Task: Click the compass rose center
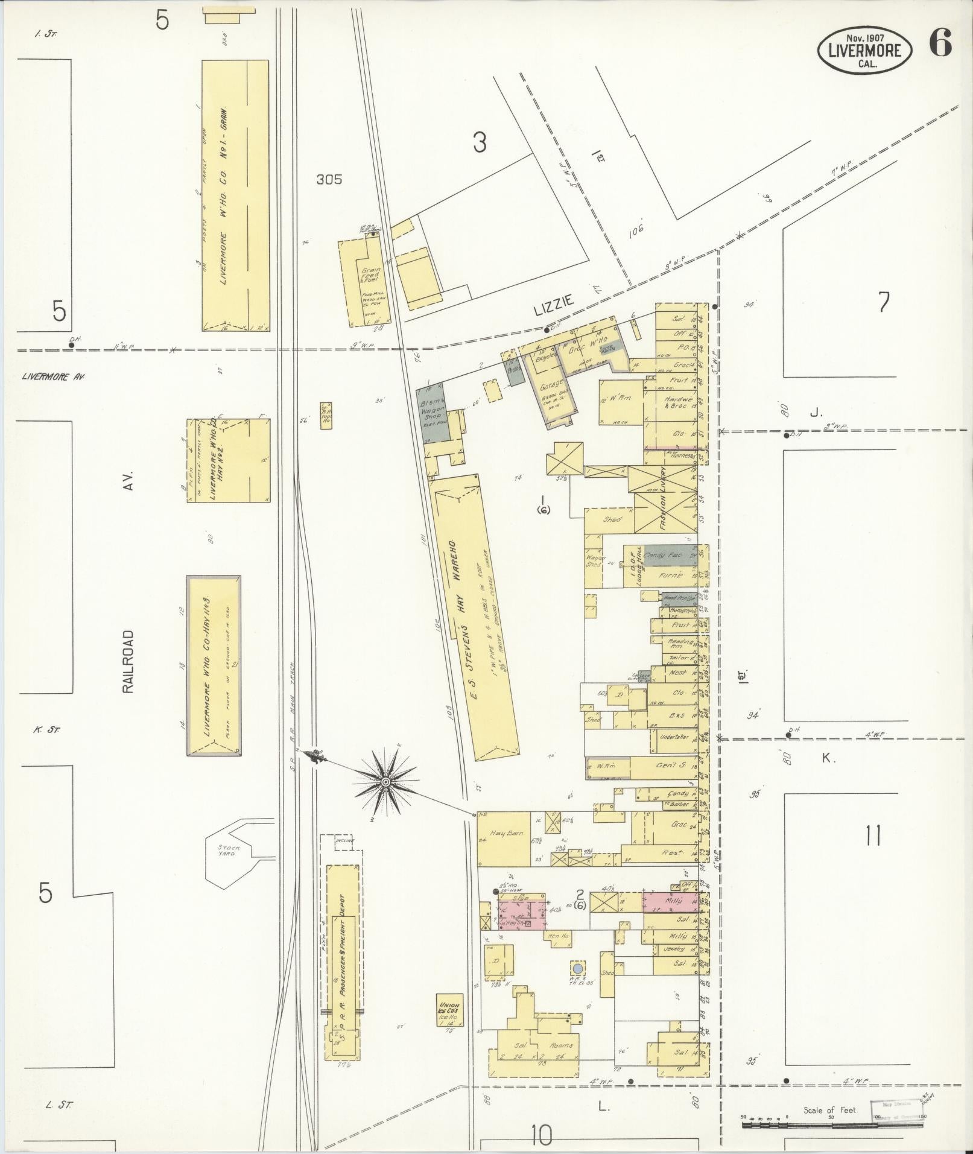(x=384, y=782)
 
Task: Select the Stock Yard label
(x=229, y=851)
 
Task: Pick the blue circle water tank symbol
(x=577, y=968)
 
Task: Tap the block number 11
(x=873, y=836)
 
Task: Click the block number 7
(x=884, y=302)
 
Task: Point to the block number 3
(x=480, y=143)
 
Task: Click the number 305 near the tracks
(x=329, y=179)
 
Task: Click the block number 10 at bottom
(x=542, y=1136)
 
